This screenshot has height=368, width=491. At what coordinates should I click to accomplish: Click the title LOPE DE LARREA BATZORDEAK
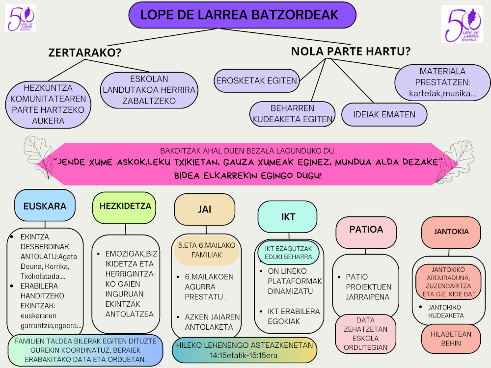tap(242, 15)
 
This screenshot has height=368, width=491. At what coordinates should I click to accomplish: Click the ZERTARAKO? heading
tap(85, 53)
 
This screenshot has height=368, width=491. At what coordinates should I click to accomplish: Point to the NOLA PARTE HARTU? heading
tap(351, 51)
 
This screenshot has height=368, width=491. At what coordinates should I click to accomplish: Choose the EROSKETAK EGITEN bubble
tap(257, 81)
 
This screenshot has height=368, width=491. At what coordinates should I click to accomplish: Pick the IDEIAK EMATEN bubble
tap(377, 114)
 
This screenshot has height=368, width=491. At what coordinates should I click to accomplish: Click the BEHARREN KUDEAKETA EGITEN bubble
tap(292, 113)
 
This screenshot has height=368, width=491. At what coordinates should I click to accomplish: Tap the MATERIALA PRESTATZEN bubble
tap(442, 82)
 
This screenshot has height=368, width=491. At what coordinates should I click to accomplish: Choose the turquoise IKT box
tap(287, 216)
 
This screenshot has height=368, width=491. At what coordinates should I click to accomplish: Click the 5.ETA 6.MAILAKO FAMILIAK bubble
tap(206, 250)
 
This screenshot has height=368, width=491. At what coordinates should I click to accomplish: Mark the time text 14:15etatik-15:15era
tap(244, 354)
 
